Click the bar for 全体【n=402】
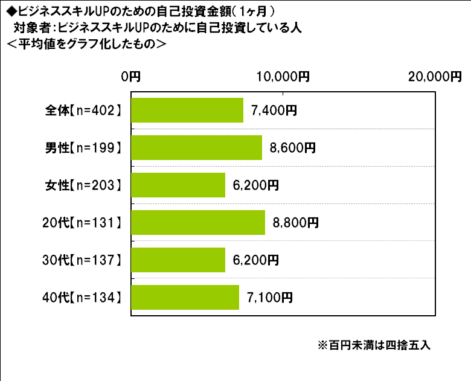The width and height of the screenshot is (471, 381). (x=187, y=110)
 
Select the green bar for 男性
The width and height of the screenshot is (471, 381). (x=196, y=148)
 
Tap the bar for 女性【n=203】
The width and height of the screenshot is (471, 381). (x=178, y=185)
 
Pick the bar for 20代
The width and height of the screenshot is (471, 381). (x=198, y=223)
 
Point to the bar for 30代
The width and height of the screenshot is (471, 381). (x=178, y=260)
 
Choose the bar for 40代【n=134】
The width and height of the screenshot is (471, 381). (x=185, y=298)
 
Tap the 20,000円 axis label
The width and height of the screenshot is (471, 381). (x=434, y=76)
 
